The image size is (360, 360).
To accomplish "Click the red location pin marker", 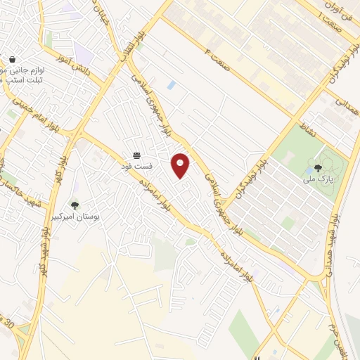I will [181, 166].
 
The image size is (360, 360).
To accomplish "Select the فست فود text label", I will [136, 166].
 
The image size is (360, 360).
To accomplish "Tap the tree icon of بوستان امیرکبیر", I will [75, 205].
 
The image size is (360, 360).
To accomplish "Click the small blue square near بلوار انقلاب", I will [172, 85].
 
